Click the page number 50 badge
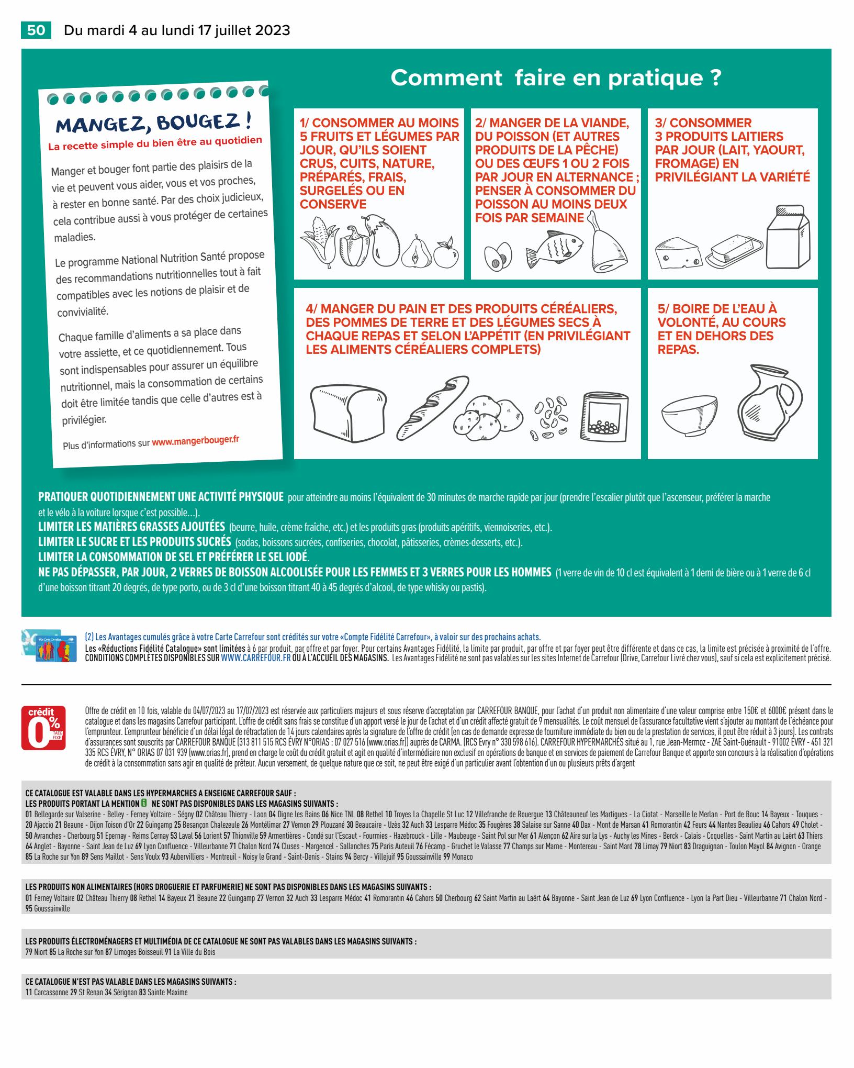[36, 30]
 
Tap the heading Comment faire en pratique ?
[556, 78]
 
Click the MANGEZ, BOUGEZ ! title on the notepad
[154, 122]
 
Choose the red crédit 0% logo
[43, 728]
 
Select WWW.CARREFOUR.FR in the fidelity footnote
[255, 658]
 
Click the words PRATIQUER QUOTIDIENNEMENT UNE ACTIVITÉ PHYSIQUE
[161, 496]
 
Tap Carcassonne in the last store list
[51, 993]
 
